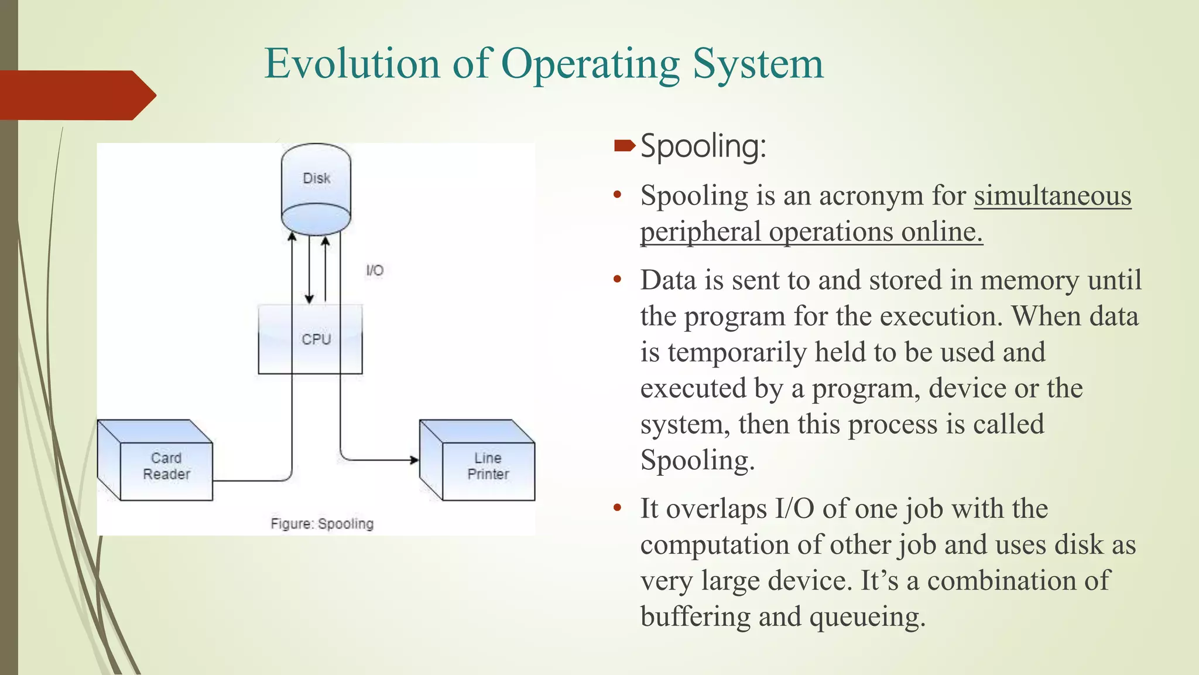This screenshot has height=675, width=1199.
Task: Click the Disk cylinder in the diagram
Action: point(316,187)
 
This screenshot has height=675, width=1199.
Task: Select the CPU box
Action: point(310,339)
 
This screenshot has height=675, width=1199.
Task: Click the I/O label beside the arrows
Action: point(375,271)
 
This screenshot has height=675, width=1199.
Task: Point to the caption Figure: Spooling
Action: point(322,524)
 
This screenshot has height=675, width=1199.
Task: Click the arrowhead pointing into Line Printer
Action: point(414,460)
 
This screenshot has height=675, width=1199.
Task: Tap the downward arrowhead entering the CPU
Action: point(309,299)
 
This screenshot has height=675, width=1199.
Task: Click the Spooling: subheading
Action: point(703,146)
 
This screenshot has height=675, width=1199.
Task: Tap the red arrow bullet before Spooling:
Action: point(624,145)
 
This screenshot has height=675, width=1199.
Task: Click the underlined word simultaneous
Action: point(1052,196)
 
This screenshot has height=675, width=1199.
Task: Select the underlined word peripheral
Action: point(700,232)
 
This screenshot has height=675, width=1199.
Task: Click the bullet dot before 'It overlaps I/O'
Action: point(617,507)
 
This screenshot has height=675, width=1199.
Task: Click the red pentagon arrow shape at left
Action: point(76,95)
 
